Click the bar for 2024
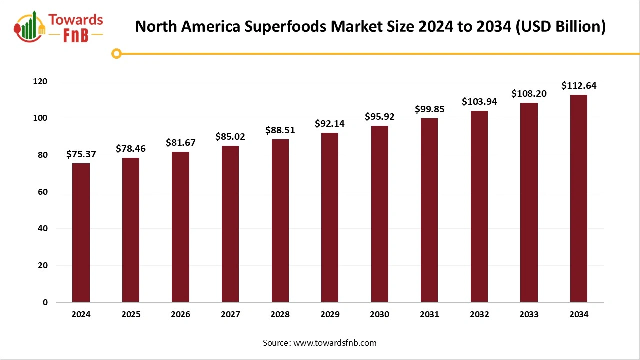[81, 233]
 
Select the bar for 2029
[330, 217]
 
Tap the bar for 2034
[579, 198]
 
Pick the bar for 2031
[429, 210]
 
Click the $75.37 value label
[81, 154]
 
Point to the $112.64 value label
[579, 86]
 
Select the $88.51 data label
[280, 130]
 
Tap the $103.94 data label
[479, 102]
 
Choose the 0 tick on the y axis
[45, 302]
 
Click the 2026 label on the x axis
[180, 315]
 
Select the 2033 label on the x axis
[529, 315]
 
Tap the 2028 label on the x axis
[280, 315]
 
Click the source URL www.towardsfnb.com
[335, 343]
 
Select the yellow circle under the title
[117, 53]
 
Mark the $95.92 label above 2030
[379, 117]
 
